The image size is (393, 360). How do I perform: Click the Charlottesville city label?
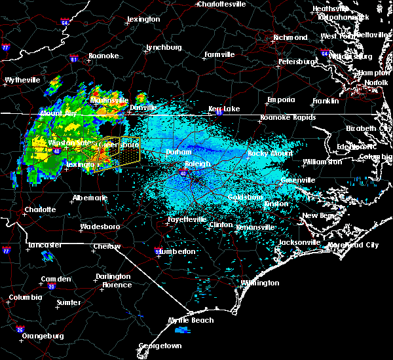click(x=221, y=4)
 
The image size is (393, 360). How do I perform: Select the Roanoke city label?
click(x=103, y=56)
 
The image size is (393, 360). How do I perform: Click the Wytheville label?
click(x=22, y=80)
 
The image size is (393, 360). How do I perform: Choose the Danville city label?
click(x=143, y=107)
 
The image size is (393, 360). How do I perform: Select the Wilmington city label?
click(x=259, y=283)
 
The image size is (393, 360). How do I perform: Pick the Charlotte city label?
click(x=39, y=210)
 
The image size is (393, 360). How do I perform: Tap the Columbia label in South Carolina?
click(x=25, y=298)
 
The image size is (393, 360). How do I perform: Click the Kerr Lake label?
click(x=224, y=109)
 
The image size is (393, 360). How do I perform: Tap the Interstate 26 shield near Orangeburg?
click(x=20, y=329)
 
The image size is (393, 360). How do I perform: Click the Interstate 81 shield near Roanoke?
click(x=73, y=59)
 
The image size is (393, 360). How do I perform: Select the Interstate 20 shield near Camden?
click(x=51, y=286)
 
